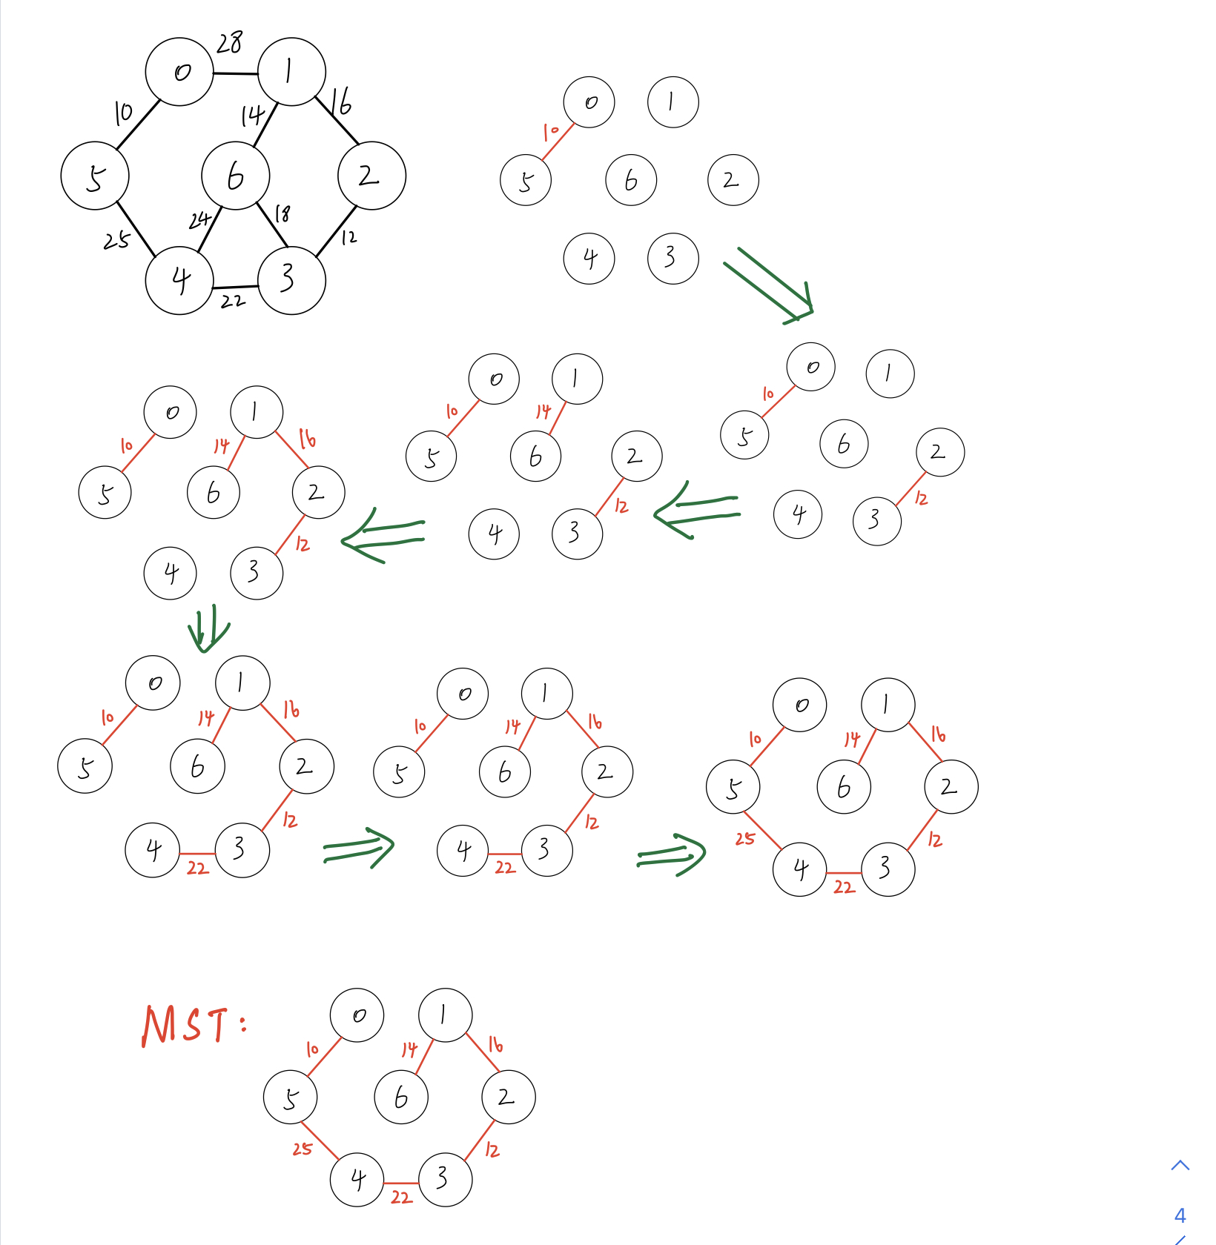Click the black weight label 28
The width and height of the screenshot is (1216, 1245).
tap(229, 43)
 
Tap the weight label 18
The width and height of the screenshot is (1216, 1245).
tap(282, 214)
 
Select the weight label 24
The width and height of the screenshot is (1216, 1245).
tap(199, 220)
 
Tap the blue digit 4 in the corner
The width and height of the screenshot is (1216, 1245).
tap(1180, 1215)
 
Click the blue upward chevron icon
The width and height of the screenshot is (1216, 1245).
tap(1180, 1165)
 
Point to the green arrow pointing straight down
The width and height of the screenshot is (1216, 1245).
tap(208, 628)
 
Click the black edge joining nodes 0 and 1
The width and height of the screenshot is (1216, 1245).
tap(236, 73)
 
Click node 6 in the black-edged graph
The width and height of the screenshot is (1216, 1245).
tap(236, 176)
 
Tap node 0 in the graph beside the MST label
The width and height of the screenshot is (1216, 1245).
tap(357, 1015)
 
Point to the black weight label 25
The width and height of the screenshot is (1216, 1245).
tap(116, 240)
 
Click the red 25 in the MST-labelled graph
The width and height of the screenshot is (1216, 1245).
tap(303, 1149)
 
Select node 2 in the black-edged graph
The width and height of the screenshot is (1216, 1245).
tap(371, 176)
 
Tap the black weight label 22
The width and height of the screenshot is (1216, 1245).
tap(233, 301)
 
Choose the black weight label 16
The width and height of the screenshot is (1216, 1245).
tap(341, 102)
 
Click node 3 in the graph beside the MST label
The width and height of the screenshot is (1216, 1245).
tap(446, 1179)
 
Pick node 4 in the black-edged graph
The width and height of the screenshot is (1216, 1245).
tap(180, 281)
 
